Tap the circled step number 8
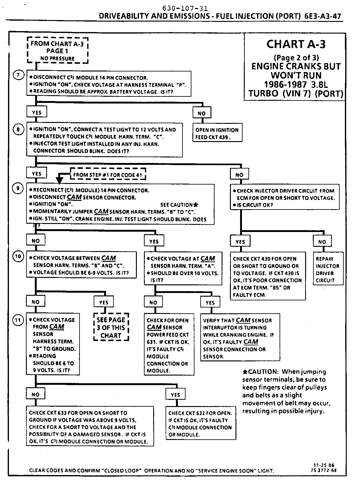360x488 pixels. (x=18, y=130)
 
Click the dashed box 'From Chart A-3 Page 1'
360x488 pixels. (x=58, y=51)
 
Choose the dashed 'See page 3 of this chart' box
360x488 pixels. (x=111, y=327)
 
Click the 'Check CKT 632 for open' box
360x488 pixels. (x=200, y=424)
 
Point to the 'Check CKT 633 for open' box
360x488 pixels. (x=90, y=427)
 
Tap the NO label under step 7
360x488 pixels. (x=202, y=113)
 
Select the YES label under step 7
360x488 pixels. (x=37, y=112)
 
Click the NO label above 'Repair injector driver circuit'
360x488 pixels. (x=322, y=242)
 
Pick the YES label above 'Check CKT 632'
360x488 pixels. (x=175, y=395)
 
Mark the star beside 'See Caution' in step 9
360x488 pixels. (x=196, y=205)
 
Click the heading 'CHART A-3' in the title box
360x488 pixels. (x=296, y=44)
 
